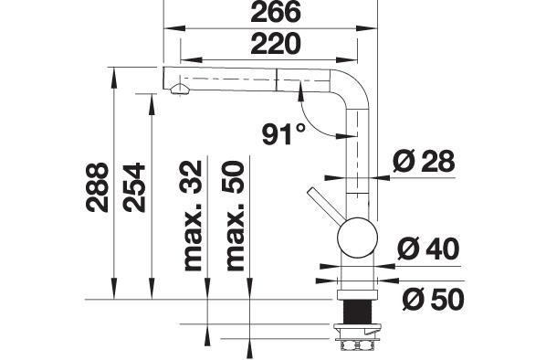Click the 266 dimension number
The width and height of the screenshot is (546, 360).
coord(276,12)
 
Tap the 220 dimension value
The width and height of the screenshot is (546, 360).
coord(276,44)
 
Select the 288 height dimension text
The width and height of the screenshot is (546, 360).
coord(97,187)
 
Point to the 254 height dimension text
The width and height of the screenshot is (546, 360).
coord(133,187)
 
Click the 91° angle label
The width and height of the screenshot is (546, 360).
coord(284,134)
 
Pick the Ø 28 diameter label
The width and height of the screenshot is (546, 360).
coord(424,161)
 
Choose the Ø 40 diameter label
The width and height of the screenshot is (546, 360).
coord(428,249)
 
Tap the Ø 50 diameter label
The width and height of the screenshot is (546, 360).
coord(433,299)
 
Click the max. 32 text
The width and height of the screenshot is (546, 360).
coord(193,216)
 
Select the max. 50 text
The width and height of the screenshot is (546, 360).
coord(235,216)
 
